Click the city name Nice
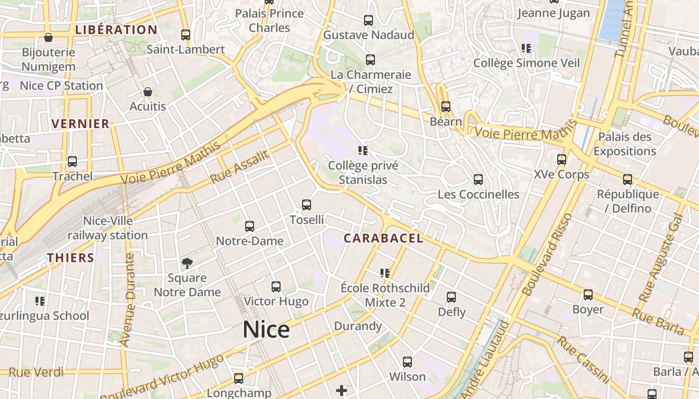pyautogui.click(x=266, y=330)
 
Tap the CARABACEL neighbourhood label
pyautogui.click(x=383, y=238)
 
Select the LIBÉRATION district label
pyautogui.click(x=116, y=29)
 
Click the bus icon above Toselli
pyautogui.click(x=307, y=204)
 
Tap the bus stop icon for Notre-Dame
pyautogui.click(x=250, y=226)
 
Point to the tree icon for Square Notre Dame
pyautogui.click(x=187, y=263)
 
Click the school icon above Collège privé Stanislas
pyautogui.click(x=363, y=150)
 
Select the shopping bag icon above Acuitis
pyautogui.click(x=148, y=92)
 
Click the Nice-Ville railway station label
pyautogui.click(x=108, y=228)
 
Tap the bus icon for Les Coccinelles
pyautogui.click(x=478, y=180)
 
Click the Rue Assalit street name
pyautogui.click(x=240, y=166)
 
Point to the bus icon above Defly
pyautogui.click(x=451, y=297)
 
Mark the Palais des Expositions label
pyautogui.click(x=625, y=144)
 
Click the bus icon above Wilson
pyautogui.click(x=407, y=362)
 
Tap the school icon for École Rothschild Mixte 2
pyautogui.click(x=385, y=273)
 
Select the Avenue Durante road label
pyautogui.click(x=129, y=299)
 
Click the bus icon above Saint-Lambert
pyautogui.click(x=186, y=35)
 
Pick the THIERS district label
pyautogui.click(x=71, y=257)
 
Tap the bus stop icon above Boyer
pyautogui.click(x=588, y=295)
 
